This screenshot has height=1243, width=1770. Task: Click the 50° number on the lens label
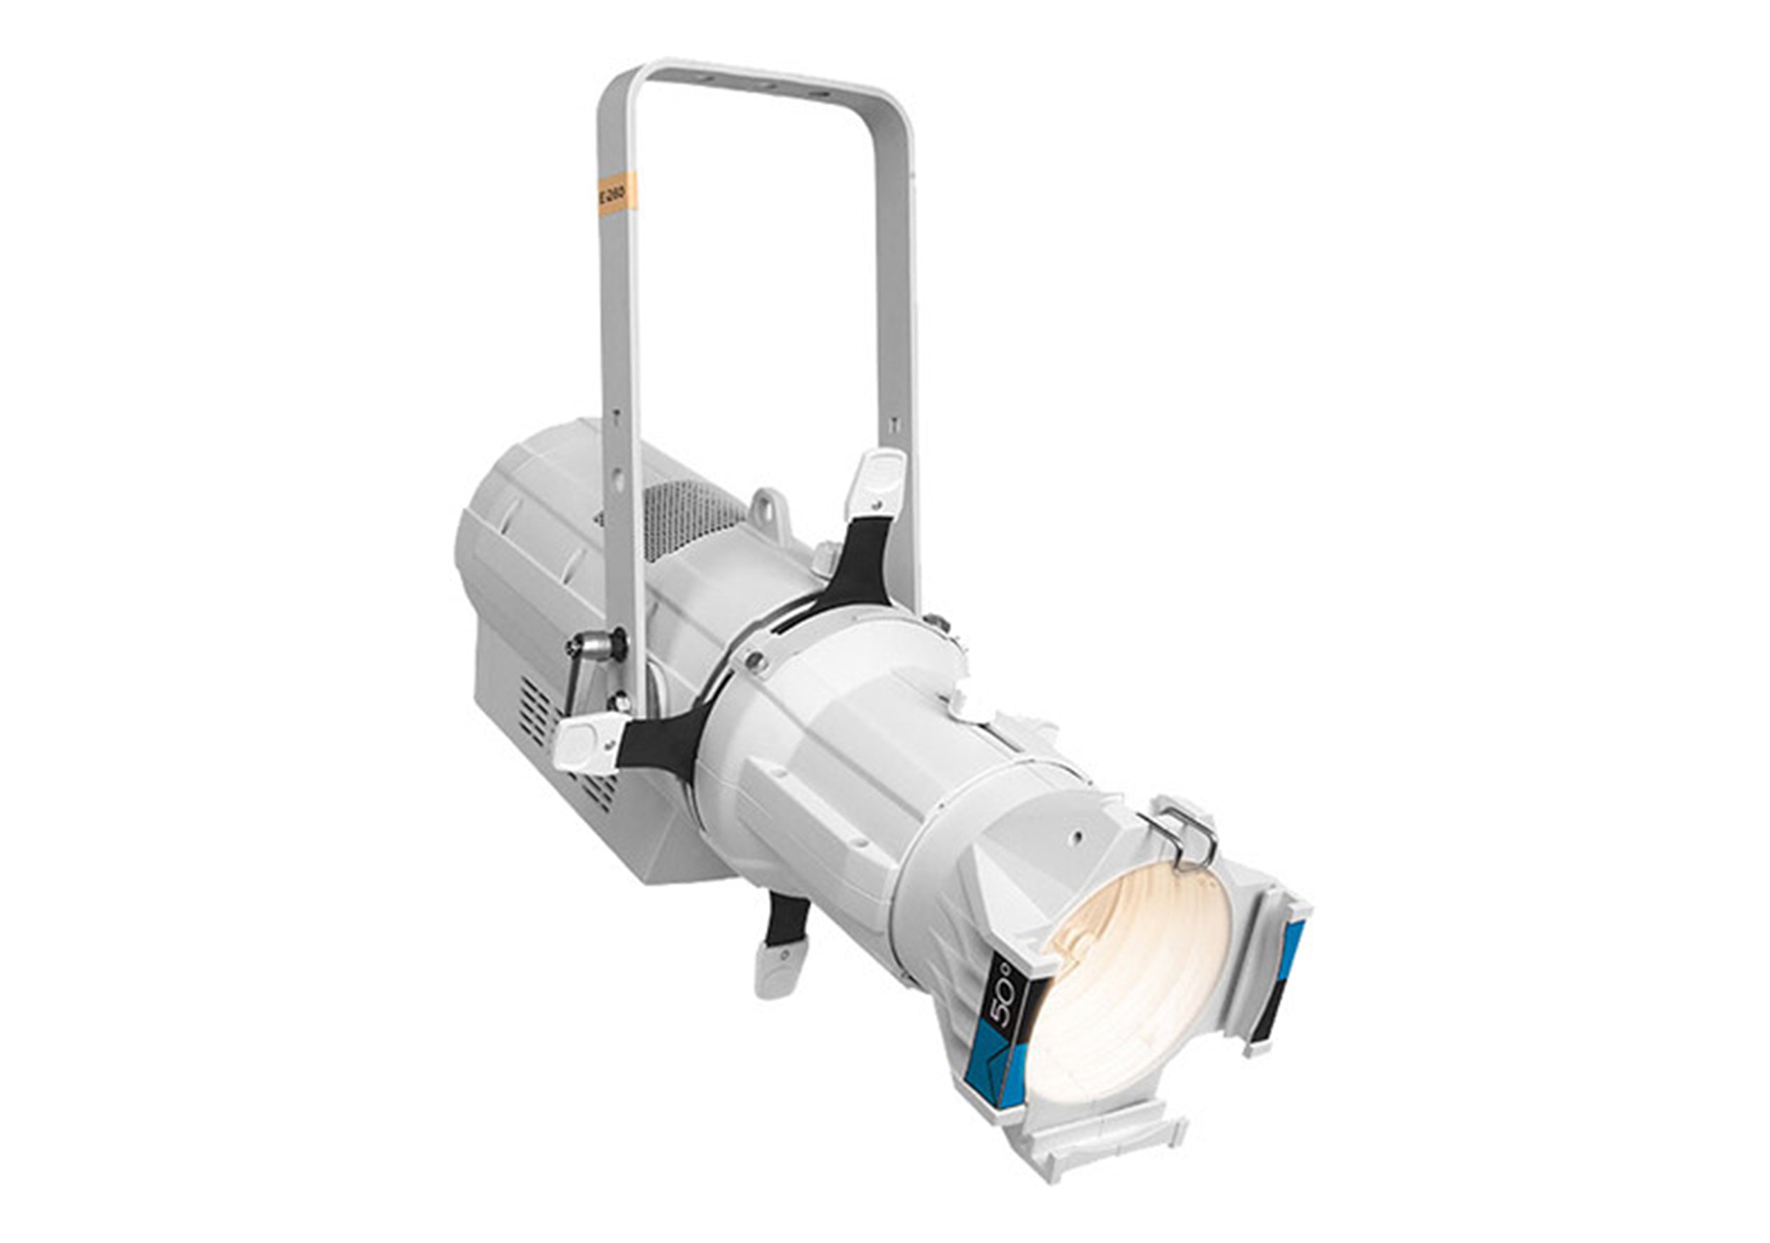(x=1003, y=1017)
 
